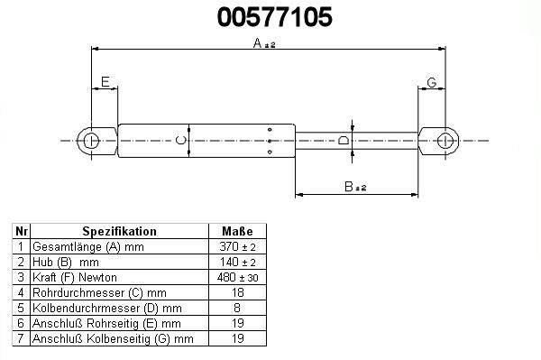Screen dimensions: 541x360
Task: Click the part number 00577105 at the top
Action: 275,17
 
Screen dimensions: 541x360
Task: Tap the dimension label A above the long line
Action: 258,42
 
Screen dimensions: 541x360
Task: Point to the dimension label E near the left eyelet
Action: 105,82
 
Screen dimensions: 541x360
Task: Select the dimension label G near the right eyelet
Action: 432,82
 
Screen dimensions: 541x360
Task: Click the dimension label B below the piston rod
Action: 349,187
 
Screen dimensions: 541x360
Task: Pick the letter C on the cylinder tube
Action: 181,140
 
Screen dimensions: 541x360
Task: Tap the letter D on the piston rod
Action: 344,141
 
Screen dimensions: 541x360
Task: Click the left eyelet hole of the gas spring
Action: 91,141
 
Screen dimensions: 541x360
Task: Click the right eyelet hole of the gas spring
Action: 445,141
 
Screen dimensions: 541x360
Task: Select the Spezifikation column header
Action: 119,231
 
